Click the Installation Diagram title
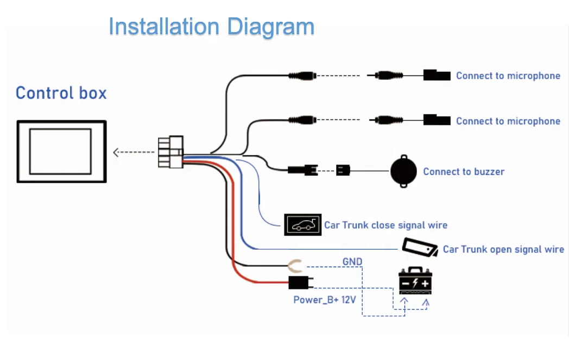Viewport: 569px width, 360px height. [x=211, y=27]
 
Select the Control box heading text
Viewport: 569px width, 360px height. [x=61, y=93]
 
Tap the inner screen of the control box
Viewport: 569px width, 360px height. [x=60, y=150]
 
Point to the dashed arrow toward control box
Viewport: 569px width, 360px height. [x=134, y=153]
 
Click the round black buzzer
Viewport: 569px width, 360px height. [x=404, y=172]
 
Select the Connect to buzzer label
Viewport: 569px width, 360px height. [x=464, y=172]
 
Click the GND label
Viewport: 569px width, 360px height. [x=352, y=262]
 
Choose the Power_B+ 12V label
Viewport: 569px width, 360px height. [x=325, y=300]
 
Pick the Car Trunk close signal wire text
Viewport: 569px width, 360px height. [x=385, y=225]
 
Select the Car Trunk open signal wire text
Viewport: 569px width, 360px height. [x=503, y=249]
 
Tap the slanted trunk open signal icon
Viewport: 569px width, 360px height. [x=420, y=248]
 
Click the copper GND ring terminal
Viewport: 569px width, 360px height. [x=295, y=266]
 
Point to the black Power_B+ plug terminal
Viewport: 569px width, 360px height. [x=299, y=282]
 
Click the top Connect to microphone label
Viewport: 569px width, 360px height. [x=508, y=75]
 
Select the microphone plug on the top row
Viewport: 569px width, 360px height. [x=437, y=75]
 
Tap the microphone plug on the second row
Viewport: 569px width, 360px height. [x=437, y=120]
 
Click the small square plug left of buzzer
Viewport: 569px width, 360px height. [x=343, y=170]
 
